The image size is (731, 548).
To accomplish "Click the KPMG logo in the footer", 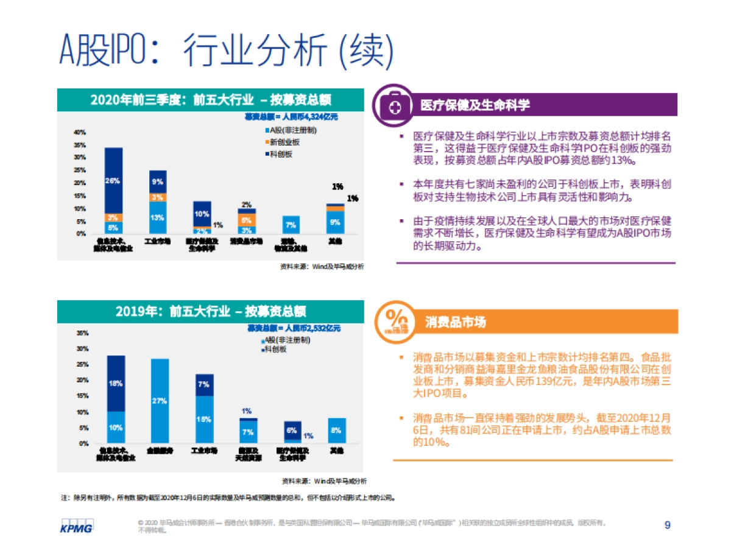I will click(76, 527).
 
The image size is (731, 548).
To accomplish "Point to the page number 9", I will click(667, 525).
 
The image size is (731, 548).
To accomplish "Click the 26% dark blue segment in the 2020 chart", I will click(113, 180).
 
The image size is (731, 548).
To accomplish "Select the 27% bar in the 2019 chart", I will click(160, 401).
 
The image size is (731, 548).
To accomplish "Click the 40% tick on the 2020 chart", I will click(79, 132).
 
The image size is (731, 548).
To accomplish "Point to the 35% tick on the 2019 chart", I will click(82, 333).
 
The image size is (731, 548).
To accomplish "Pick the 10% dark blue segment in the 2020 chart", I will click(202, 214).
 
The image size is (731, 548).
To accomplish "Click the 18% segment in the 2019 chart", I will click(116, 384).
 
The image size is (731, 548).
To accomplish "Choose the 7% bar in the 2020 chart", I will click(291, 225).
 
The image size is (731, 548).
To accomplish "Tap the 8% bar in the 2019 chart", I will click(336, 430).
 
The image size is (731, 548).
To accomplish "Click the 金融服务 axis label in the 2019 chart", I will click(160, 451).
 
